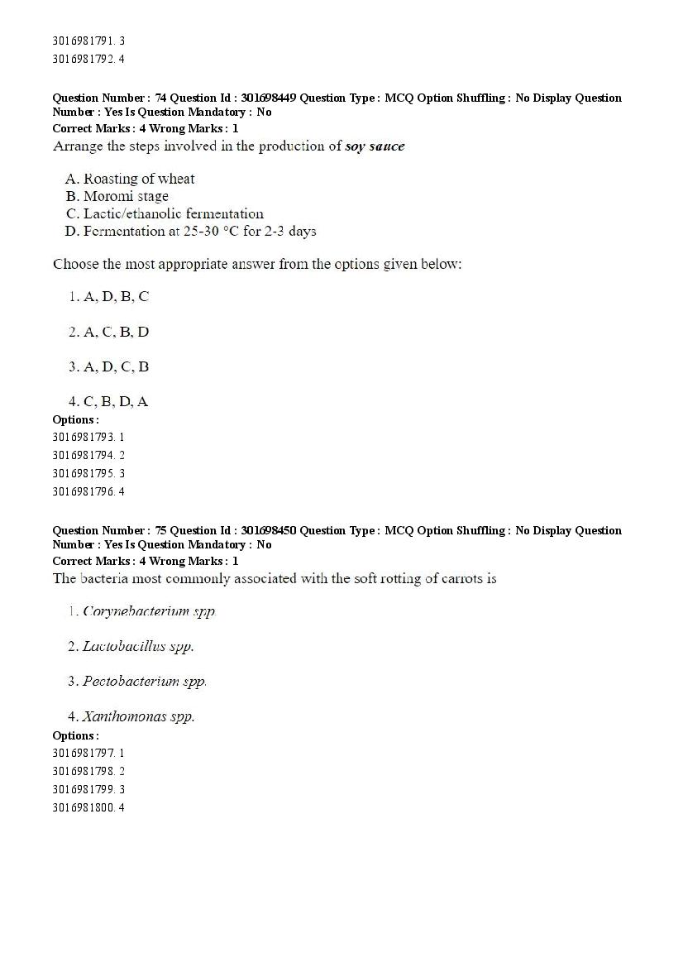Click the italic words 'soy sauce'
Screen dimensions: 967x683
click(x=375, y=146)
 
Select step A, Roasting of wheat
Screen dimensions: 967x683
click(x=130, y=179)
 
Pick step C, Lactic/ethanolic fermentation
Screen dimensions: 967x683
click(x=165, y=213)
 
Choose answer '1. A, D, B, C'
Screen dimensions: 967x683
click(x=109, y=297)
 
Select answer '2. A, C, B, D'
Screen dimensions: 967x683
click(x=109, y=332)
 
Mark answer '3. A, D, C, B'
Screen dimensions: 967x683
click(x=109, y=366)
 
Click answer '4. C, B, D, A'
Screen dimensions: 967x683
click(x=109, y=401)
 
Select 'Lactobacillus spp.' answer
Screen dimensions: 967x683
click(x=131, y=646)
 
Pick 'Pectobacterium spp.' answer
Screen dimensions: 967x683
click(x=138, y=682)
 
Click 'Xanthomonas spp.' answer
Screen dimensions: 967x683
click(x=131, y=716)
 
